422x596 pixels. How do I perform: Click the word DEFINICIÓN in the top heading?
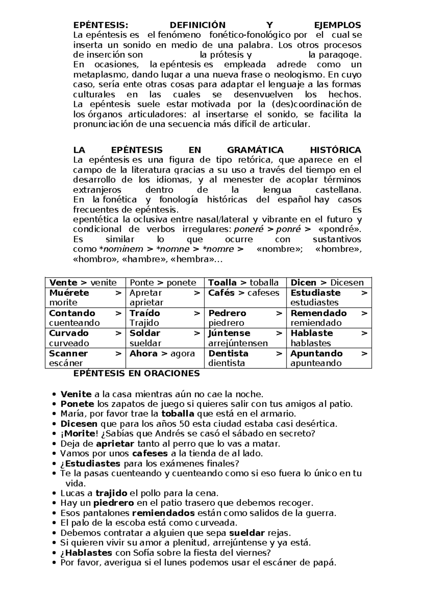(197, 25)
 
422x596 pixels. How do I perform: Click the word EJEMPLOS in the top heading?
(337, 25)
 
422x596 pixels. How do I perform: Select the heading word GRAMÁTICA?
(255, 150)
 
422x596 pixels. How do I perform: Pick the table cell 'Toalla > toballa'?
(243, 283)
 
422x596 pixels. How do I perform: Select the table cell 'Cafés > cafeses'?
(244, 293)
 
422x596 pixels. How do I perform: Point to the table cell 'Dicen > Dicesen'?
(327, 283)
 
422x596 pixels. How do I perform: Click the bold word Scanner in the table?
(68, 354)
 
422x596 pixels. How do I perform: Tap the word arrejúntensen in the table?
(238, 343)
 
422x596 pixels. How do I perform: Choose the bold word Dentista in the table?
(228, 354)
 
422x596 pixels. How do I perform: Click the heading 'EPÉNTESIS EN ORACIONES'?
(136, 374)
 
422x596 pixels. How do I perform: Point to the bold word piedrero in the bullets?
(114, 503)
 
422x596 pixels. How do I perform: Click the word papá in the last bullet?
(327, 563)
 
